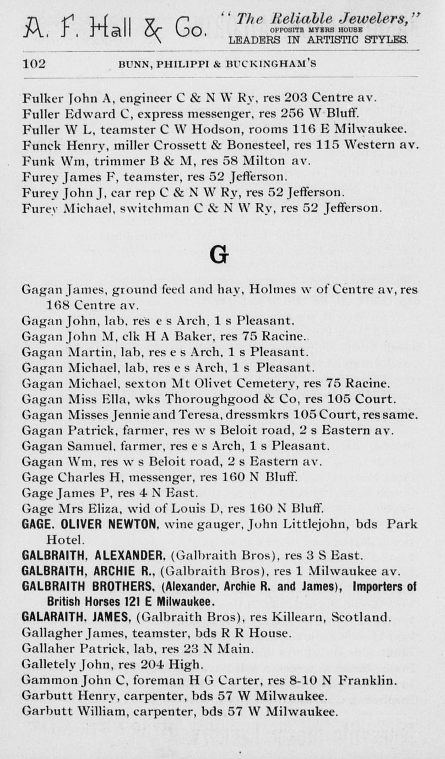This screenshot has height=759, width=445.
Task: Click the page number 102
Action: (x=34, y=63)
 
